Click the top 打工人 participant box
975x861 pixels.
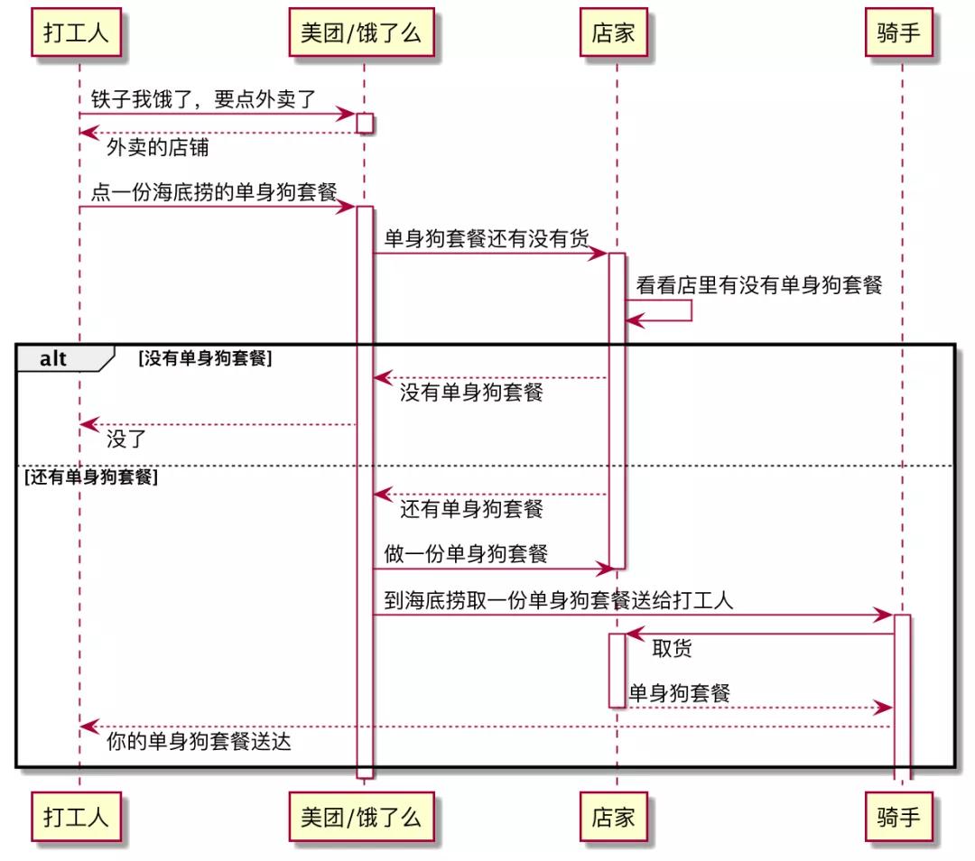78,34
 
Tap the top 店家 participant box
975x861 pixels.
614,34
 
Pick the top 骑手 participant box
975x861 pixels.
899,34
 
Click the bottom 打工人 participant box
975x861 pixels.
78,818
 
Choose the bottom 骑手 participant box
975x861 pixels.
899,818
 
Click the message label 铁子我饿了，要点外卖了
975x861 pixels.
204,98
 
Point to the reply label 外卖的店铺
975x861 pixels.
157,148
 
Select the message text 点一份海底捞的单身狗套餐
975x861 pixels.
214,191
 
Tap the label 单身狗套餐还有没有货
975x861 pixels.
487,238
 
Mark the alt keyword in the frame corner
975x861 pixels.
53,358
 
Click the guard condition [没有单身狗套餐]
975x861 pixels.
205,358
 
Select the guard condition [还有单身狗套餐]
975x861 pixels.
91,477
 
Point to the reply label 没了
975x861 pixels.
126,440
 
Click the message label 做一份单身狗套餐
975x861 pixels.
466,553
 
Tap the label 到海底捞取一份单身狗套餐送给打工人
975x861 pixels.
559,600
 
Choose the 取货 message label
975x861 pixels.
672,649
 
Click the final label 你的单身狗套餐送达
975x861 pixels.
199,743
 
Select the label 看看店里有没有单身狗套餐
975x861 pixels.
758,285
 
